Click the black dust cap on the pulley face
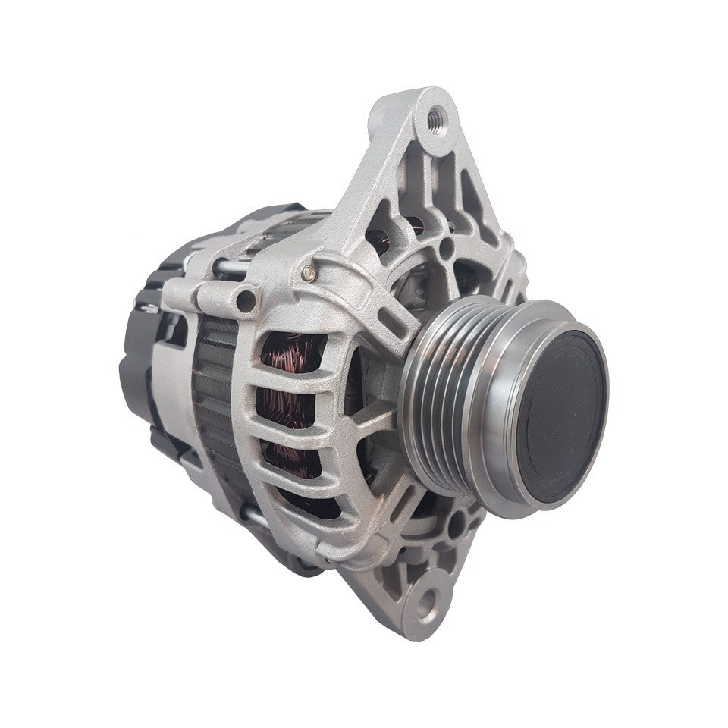pyautogui.click(x=565, y=421)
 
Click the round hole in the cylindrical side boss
pyautogui.click(x=245, y=301)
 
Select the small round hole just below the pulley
pyautogui.click(x=453, y=523)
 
